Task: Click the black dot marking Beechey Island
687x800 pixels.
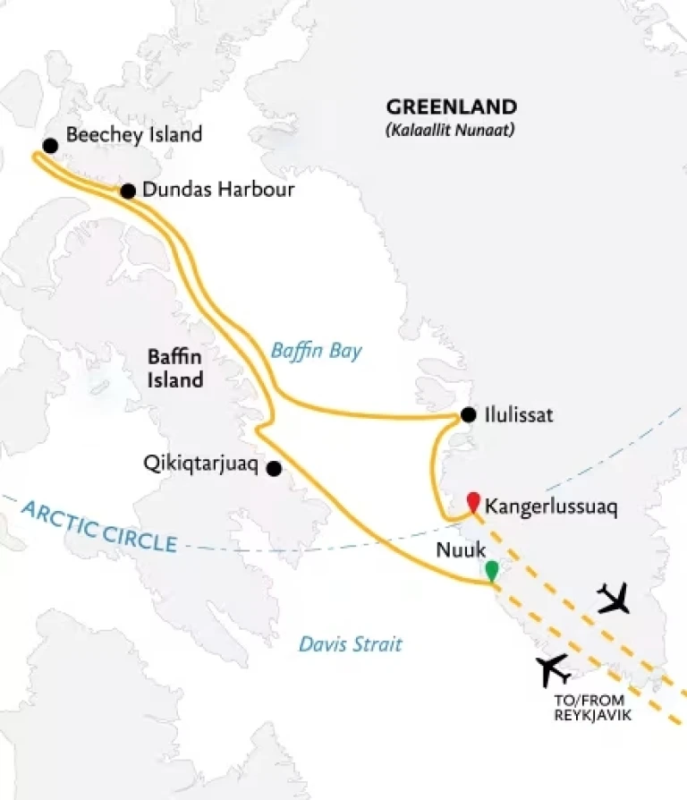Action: (50, 145)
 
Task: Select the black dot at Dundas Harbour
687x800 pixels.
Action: (128, 191)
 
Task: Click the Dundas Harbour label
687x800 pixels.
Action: (218, 191)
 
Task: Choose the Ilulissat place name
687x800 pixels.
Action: (520, 415)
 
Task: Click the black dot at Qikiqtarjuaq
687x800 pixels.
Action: (274, 468)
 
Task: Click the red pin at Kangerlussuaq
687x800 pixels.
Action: (471, 501)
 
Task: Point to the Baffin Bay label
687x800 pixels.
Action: (316, 351)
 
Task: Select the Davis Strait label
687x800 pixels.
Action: (350, 643)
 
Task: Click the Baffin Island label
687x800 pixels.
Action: (175, 369)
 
